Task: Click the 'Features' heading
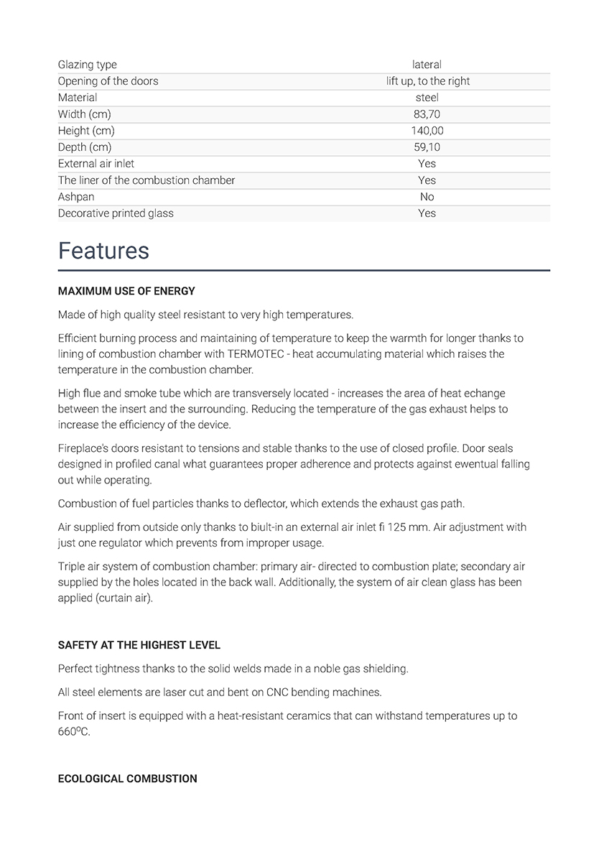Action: (103, 251)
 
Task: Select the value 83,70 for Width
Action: (427, 114)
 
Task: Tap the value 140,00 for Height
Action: (427, 131)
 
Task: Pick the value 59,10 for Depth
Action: (427, 147)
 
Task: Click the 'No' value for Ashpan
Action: (427, 197)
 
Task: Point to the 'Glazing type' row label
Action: (87, 65)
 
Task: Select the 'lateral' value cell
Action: (427, 65)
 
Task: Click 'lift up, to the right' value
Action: (427, 81)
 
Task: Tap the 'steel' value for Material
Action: (427, 98)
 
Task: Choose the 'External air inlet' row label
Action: (96, 164)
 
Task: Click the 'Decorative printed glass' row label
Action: (116, 213)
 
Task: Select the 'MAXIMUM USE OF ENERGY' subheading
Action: (126, 292)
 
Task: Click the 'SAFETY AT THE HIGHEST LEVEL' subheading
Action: (139, 646)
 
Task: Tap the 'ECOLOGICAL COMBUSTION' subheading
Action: (127, 779)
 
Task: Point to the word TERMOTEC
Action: (256, 354)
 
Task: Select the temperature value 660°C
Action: (74, 732)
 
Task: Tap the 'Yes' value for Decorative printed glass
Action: (427, 213)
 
